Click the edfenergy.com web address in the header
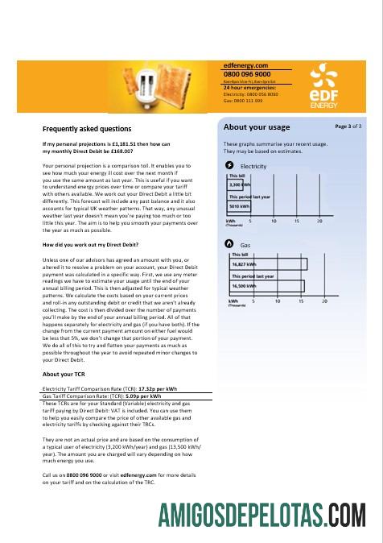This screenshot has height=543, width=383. pyautogui.click(x=245, y=65)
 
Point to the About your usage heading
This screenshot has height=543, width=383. pyautogui.click(x=256, y=127)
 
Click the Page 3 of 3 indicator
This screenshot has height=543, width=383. pyautogui.click(x=348, y=126)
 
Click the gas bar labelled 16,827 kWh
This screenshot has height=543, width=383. pyautogui.click(x=266, y=263)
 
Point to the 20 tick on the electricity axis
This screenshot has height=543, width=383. pyautogui.click(x=319, y=221)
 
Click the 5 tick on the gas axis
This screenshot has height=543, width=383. pyautogui.click(x=251, y=301)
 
